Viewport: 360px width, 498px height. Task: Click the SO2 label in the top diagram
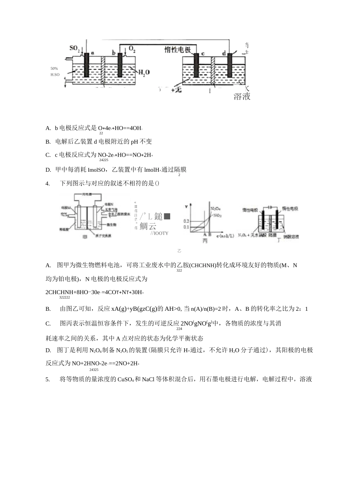pyautogui.click(x=75, y=48)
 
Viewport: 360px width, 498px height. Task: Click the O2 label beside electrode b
pyautogui.click(x=132, y=49)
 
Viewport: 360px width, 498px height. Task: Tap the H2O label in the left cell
pyautogui.click(x=144, y=72)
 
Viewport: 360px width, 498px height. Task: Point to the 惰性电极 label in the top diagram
pyautogui.click(x=180, y=50)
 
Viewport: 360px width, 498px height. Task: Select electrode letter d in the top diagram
pyautogui.click(x=224, y=53)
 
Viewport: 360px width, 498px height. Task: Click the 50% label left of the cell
pyautogui.click(x=54, y=69)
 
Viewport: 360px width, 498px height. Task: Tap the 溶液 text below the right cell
pyautogui.click(x=242, y=97)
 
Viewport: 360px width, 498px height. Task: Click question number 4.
pyautogui.click(x=48, y=183)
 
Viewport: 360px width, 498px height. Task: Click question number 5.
pyautogui.click(x=48, y=379)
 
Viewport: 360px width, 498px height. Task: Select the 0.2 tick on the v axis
pyautogui.click(x=186, y=220)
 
